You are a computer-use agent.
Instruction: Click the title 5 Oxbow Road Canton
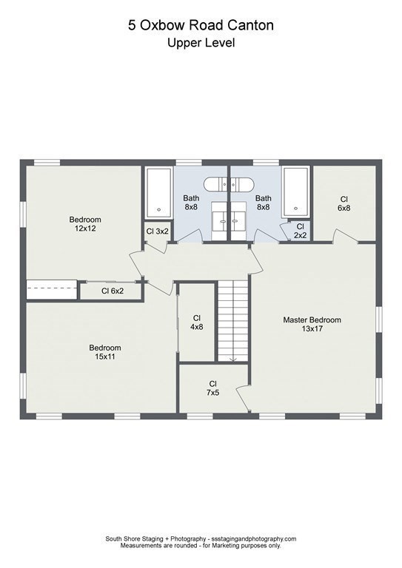click(201, 26)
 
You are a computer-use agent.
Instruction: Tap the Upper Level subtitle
click(201, 43)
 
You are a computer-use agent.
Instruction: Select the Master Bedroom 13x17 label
click(312, 324)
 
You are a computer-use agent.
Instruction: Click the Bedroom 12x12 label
click(85, 224)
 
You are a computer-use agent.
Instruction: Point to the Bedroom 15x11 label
click(104, 352)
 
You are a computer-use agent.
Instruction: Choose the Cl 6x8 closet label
click(344, 203)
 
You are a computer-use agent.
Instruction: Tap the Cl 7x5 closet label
click(212, 388)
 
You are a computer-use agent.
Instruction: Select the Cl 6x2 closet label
click(113, 291)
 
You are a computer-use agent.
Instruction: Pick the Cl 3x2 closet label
click(157, 231)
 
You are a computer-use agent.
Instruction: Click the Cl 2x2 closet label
click(300, 231)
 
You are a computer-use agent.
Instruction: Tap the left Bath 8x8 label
click(191, 203)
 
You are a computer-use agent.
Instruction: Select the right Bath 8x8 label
click(263, 203)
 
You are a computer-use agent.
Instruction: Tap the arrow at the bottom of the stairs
click(232, 359)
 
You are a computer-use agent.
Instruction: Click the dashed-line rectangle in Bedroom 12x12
click(52, 289)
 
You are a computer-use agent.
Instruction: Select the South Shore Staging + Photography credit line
click(201, 539)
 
